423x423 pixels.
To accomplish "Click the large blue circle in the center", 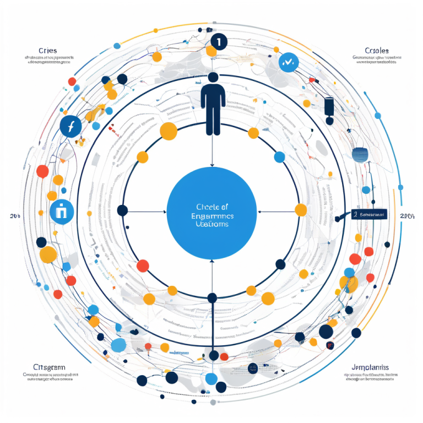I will click(211, 211).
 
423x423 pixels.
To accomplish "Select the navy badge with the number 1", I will click(218, 42).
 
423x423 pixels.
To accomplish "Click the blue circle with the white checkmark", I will click(288, 62).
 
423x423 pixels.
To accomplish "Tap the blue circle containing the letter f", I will click(71, 127).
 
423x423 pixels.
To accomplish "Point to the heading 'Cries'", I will click(48, 51).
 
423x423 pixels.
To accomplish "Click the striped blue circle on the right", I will click(360, 154).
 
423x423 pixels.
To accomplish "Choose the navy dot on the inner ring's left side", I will click(123, 210).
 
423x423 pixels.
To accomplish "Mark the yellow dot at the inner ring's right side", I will click(301, 210).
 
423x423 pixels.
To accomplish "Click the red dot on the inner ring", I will click(143, 265).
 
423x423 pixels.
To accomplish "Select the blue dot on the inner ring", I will click(279, 157).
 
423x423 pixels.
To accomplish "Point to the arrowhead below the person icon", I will click(212, 164).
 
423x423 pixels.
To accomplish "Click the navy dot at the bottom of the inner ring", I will click(212, 298).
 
